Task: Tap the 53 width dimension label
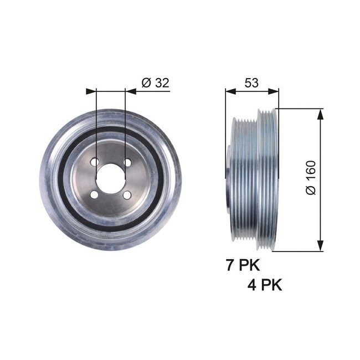[x=251, y=83]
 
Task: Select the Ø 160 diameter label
[x=310, y=177]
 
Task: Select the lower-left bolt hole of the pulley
[x=95, y=195]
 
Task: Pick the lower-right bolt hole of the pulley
[x=127, y=195]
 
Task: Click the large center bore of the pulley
[x=111, y=178]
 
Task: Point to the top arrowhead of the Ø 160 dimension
[x=320, y=113]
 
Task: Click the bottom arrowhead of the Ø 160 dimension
[x=320, y=247]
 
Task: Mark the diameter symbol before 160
[x=310, y=190]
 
